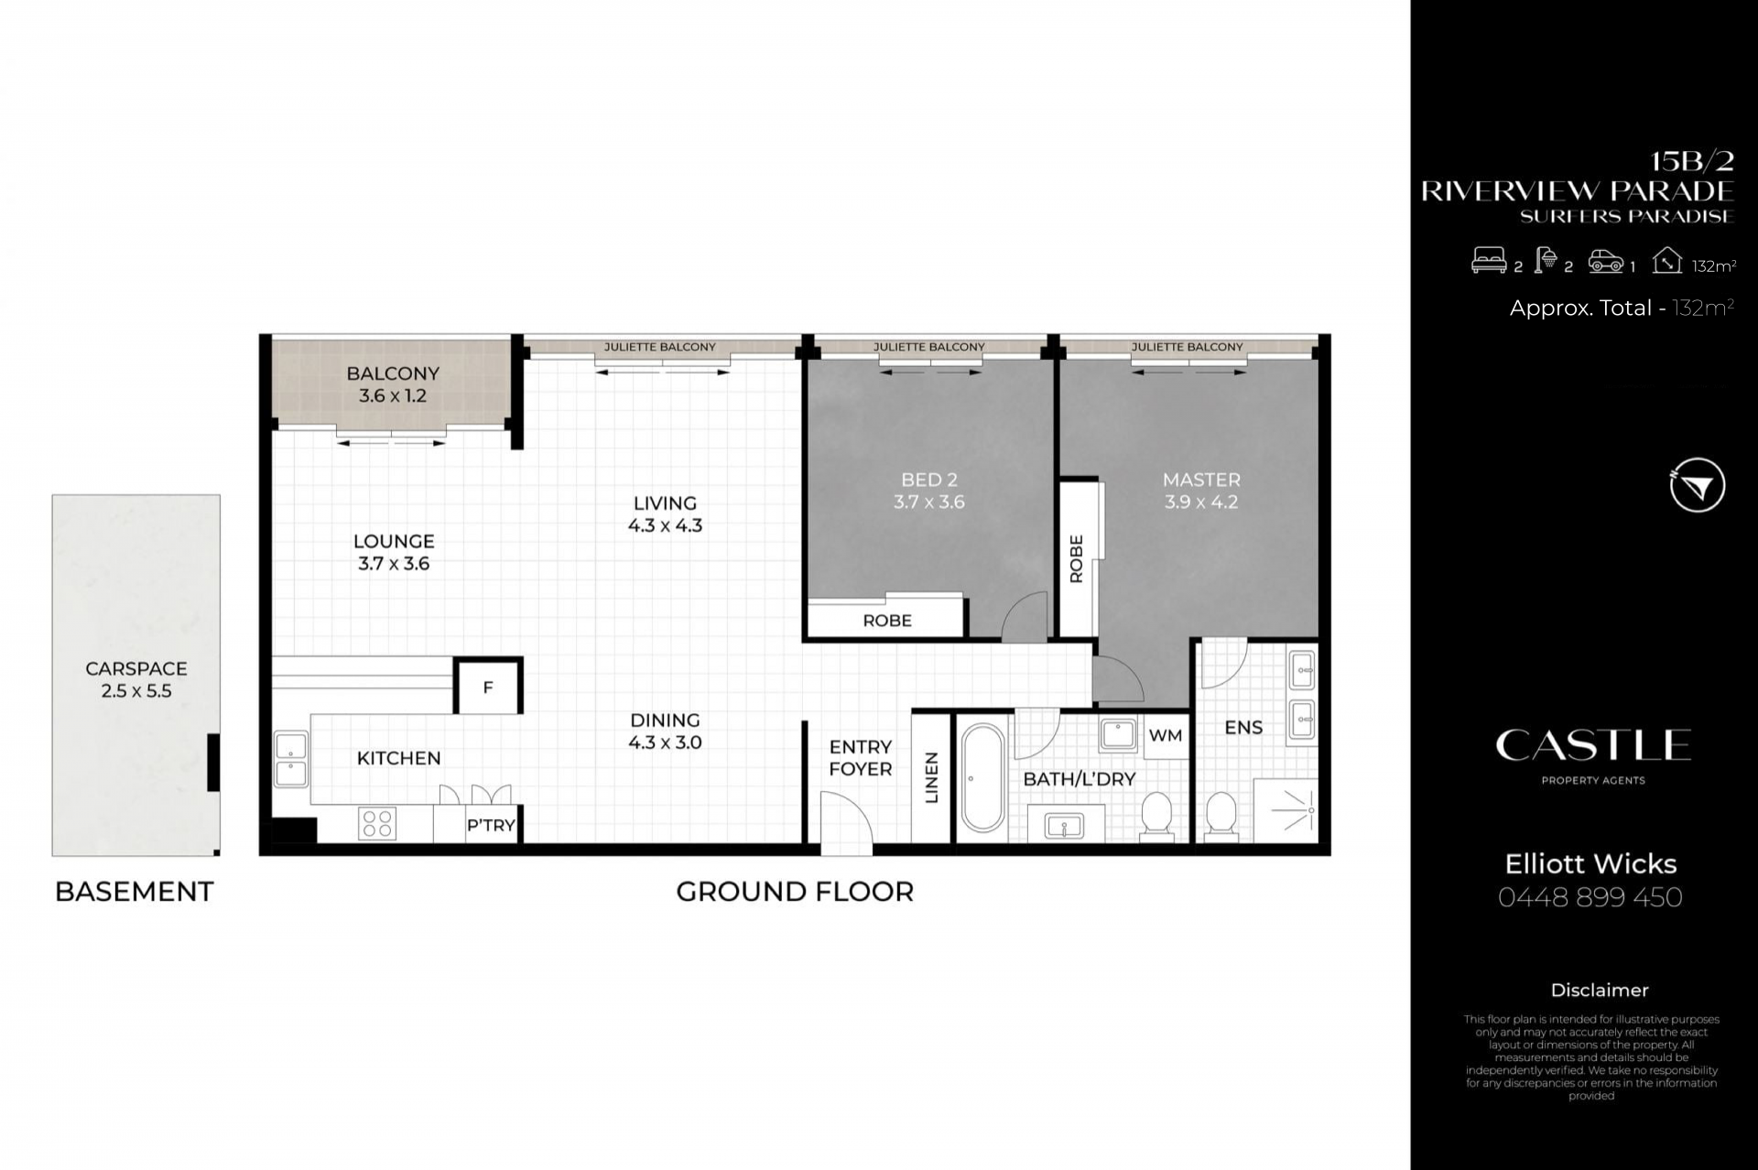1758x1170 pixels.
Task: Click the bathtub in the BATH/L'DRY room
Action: [983, 778]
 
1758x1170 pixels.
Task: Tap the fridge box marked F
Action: [488, 687]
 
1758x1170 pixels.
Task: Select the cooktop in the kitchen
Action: [377, 823]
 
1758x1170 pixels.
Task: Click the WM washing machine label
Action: [1166, 736]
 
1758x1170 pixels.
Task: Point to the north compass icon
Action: [1697, 485]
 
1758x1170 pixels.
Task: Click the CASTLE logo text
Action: [1593, 745]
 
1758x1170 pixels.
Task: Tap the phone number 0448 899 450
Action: [1590, 897]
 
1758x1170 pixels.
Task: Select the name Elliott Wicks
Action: [1591, 863]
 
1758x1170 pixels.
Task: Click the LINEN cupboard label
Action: [932, 777]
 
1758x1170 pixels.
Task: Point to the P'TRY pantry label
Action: [491, 825]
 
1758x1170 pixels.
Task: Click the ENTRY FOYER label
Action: [861, 758]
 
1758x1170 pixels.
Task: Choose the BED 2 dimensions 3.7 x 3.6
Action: [929, 502]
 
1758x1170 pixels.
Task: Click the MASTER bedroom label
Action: [1201, 479]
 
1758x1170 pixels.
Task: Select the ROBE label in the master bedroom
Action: [1077, 558]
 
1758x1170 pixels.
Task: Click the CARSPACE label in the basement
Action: [136, 668]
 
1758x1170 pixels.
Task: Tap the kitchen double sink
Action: [291, 760]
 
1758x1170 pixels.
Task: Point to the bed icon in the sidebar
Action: [1489, 261]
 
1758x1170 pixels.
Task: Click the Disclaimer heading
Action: [1600, 990]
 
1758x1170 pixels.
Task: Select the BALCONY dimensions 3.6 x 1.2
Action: [393, 395]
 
